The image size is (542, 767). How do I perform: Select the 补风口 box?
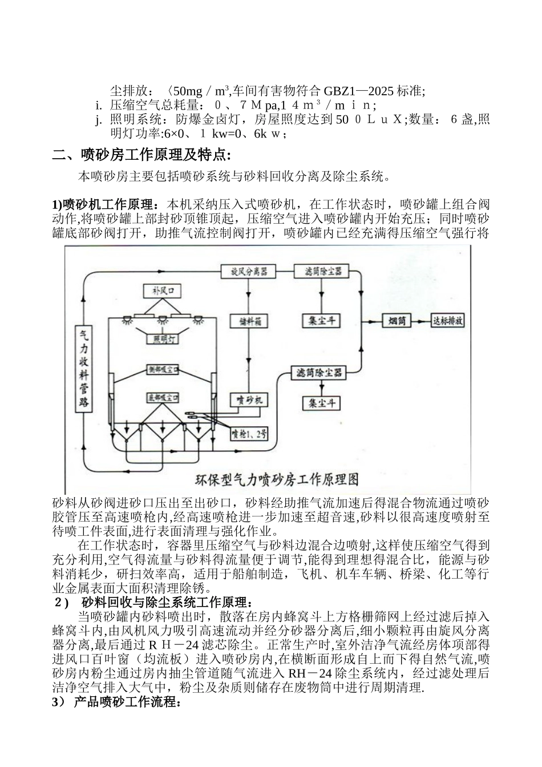[162, 291]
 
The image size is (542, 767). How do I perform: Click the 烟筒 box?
[398, 321]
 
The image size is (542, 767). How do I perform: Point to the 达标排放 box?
[448, 321]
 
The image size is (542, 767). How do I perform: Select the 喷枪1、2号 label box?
[249, 435]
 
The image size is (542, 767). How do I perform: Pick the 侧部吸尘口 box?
[163, 370]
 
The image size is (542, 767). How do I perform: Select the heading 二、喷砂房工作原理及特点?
[141, 155]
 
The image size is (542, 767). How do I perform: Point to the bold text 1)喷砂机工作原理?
[107, 204]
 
